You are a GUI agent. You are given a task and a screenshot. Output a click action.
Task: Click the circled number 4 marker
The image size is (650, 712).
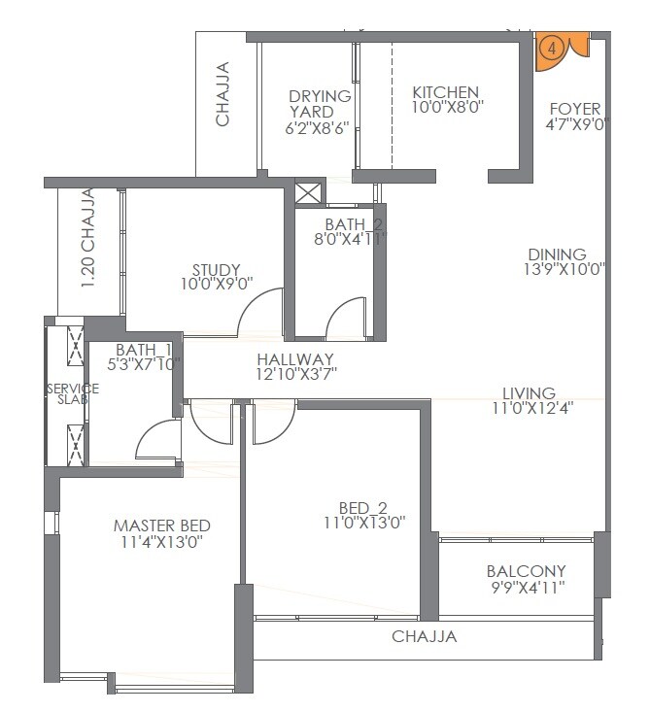pos(552,46)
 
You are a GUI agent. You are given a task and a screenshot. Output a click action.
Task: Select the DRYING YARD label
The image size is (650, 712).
pos(319,104)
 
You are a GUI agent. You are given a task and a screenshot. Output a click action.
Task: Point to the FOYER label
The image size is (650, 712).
pos(574,109)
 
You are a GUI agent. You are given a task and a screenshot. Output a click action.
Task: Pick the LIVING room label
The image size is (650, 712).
pos(529,392)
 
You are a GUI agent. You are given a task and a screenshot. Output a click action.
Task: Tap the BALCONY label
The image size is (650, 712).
pos(526,571)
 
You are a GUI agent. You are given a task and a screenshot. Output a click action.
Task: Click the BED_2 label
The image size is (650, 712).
pos(362,507)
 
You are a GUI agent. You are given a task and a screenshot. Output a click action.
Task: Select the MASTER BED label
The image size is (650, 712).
pos(161,526)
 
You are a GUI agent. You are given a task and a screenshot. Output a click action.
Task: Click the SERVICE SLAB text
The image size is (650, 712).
pos(67,393)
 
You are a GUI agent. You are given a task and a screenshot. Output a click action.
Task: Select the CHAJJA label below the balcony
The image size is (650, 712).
pos(424,637)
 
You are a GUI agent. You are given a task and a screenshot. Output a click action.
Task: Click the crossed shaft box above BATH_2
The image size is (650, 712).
pos(308,191)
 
